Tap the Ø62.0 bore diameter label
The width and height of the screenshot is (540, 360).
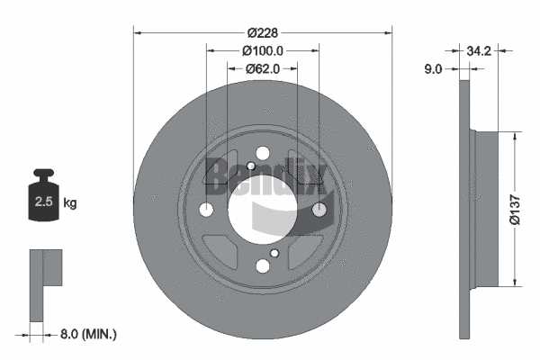click(263, 67)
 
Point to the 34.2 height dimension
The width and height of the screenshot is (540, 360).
click(477, 50)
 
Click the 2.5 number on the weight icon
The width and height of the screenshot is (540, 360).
click(42, 202)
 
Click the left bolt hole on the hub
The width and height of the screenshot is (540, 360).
click(205, 211)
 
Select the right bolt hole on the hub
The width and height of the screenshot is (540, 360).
click(319, 211)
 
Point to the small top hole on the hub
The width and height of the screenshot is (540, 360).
click(262, 154)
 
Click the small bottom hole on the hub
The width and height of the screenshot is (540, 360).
click(262, 265)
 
